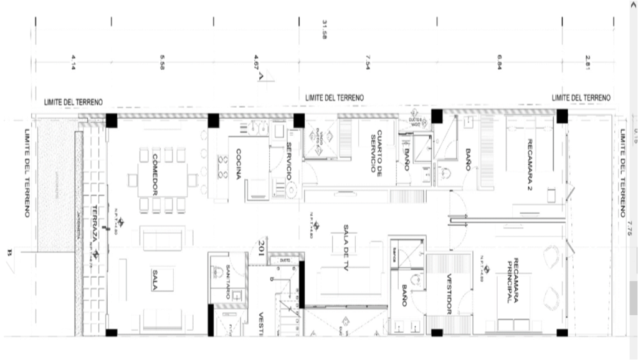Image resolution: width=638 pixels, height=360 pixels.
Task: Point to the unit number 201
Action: (262, 247)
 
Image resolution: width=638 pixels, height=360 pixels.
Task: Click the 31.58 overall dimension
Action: (324, 29)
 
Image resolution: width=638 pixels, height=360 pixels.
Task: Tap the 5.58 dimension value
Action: (162, 63)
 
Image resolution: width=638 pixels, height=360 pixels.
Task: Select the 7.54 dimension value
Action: (367, 63)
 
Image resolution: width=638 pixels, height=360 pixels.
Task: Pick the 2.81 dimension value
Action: (586, 63)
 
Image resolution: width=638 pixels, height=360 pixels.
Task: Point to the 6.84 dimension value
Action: (499, 63)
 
